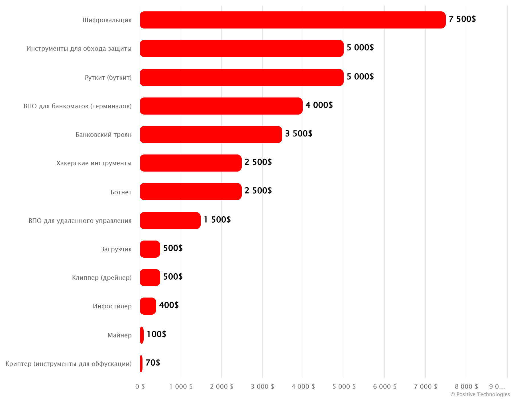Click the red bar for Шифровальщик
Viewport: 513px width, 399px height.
[293, 20]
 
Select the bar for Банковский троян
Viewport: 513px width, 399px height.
[211, 135]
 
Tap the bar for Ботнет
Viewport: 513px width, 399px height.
[191, 192]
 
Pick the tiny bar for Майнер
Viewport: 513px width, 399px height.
[142, 335]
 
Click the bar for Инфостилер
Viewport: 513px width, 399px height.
[148, 306]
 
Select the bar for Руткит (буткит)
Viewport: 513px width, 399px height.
[242, 78]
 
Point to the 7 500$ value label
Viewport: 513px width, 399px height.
[462, 19]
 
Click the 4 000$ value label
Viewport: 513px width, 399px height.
[319, 105]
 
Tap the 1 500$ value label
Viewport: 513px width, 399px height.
[217, 220]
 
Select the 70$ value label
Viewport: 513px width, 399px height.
[153, 363]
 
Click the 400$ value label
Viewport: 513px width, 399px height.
[169, 305]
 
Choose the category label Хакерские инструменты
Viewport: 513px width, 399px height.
[94, 163]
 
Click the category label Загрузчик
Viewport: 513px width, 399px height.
[116, 249]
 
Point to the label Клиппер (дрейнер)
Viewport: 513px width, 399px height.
[102, 278]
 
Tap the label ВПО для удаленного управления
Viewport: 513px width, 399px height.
[80, 221]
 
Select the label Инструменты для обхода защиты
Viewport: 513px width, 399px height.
[79, 49]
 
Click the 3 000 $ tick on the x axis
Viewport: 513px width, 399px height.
[262, 386]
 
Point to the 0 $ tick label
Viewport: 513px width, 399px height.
[140, 386]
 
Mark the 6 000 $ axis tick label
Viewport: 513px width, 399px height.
[384, 386]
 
